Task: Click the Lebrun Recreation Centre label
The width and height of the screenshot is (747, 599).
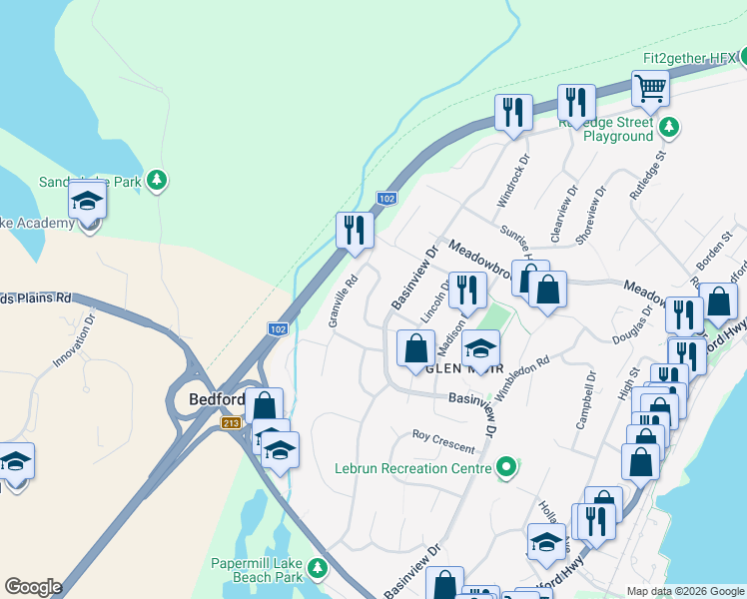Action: coord(413,467)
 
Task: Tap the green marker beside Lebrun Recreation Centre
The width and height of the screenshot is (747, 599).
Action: coord(507,466)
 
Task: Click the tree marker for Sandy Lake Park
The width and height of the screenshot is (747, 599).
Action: coord(156,181)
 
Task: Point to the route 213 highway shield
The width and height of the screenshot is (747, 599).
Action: coord(231,423)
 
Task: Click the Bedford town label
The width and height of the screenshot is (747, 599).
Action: coord(217,400)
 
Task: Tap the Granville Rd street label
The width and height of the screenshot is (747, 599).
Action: coord(343,301)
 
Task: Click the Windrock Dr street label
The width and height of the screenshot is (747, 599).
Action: coord(511,181)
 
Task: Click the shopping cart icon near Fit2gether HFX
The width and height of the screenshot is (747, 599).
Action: coord(650,88)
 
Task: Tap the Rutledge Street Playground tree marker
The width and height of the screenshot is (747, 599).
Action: coord(669,127)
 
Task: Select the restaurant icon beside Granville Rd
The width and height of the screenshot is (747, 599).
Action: coord(355,230)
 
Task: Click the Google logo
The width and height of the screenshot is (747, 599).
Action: coord(33,587)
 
